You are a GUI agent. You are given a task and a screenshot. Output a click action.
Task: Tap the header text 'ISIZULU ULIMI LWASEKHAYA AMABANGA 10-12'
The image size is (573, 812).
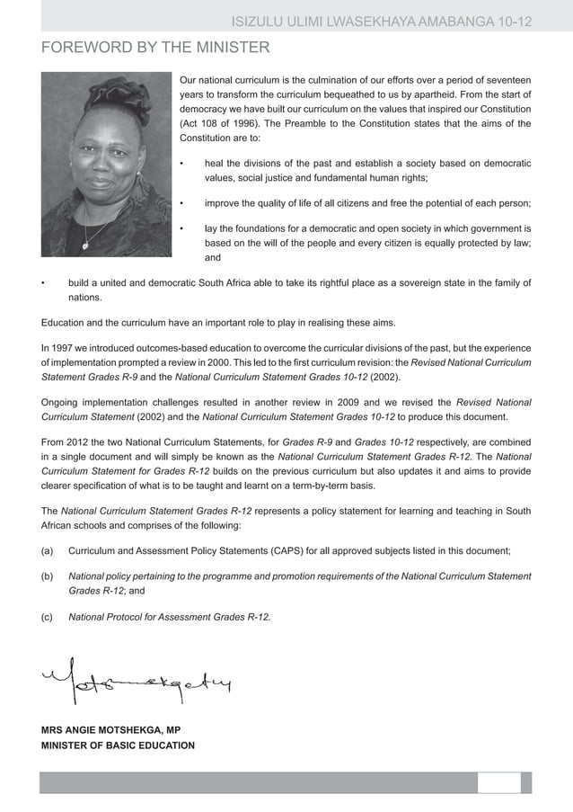[x=382, y=21]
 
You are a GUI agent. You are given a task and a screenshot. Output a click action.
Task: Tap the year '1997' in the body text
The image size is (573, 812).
[x=73, y=347]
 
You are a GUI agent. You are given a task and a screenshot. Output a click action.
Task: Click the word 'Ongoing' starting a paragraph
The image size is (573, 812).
[x=66, y=402]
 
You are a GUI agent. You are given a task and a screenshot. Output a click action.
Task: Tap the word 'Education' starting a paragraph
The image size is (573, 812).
[x=67, y=322]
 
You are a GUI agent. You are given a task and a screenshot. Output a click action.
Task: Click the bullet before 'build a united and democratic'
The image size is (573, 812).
[x=43, y=283]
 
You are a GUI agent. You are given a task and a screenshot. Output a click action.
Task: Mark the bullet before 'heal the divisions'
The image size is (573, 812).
[x=182, y=164]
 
